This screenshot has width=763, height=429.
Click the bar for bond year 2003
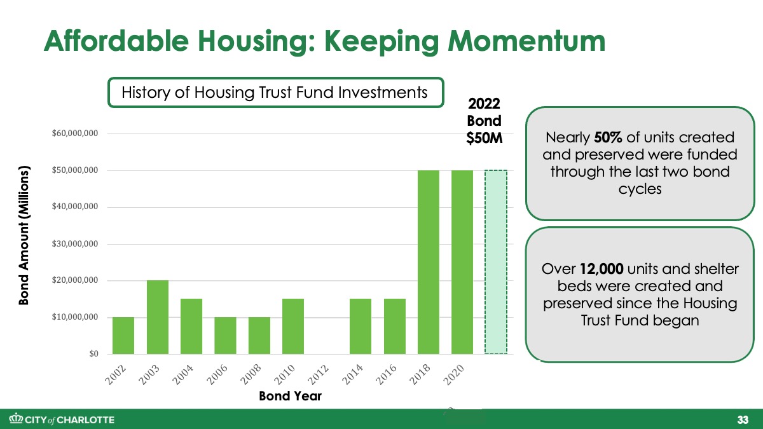(x=158, y=317)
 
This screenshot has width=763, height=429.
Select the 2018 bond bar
(x=428, y=262)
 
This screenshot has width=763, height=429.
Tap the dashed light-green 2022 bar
(x=496, y=262)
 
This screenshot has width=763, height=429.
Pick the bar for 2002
(x=123, y=336)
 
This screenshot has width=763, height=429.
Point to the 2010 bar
(x=293, y=326)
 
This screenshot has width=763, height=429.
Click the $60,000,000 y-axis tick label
(x=75, y=133)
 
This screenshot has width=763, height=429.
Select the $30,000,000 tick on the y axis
(x=75, y=244)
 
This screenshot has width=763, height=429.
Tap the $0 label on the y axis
(x=93, y=354)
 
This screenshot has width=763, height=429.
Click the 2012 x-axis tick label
(x=318, y=374)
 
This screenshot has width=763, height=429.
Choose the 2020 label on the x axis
(x=454, y=374)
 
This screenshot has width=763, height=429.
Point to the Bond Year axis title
(x=290, y=396)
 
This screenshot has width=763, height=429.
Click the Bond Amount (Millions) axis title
(x=24, y=235)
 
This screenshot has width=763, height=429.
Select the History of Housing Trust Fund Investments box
(x=276, y=93)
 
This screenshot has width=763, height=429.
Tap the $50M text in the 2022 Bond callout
(x=484, y=139)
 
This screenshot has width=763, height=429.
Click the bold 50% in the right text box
(x=608, y=137)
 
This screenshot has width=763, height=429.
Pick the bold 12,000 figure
(x=601, y=269)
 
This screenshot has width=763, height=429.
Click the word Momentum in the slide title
(x=526, y=41)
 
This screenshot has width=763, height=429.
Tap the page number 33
(x=743, y=419)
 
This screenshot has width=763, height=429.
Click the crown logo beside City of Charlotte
(x=16, y=419)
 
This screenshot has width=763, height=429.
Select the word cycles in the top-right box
(x=640, y=189)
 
